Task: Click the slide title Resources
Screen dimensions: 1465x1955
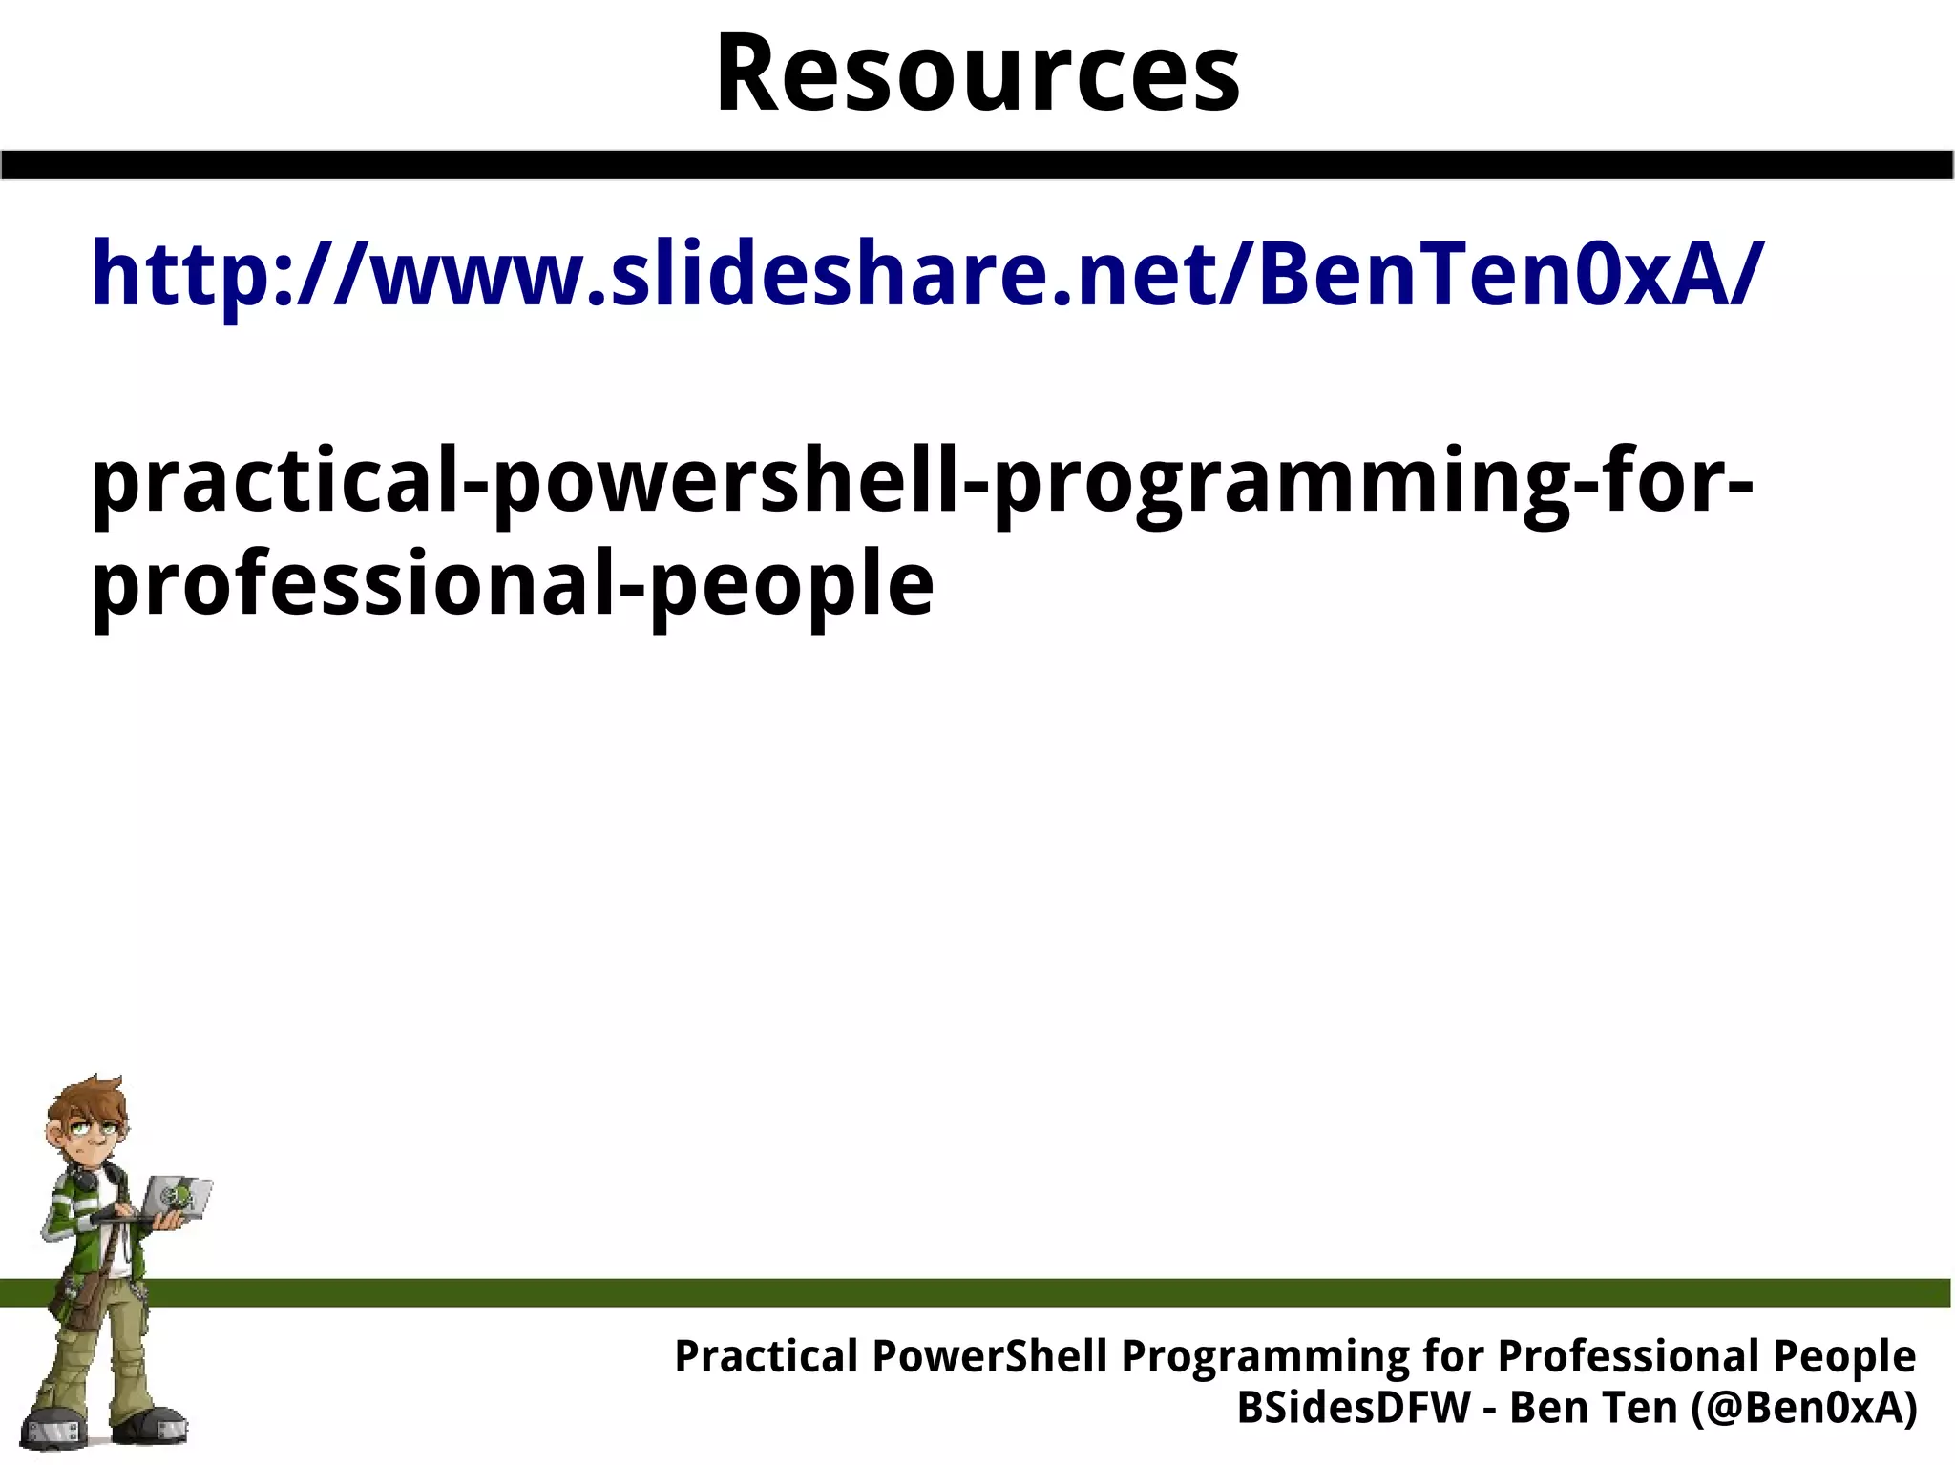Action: (977, 74)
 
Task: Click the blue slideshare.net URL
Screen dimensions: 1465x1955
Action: (926, 275)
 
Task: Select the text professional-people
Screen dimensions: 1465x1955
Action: (513, 584)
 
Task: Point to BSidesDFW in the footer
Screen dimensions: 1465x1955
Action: (1354, 1407)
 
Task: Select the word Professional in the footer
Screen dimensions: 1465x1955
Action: (1629, 1355)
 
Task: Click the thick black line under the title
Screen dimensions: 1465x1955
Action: (977, 165)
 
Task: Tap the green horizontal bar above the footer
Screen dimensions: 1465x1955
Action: (1050, 1292)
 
